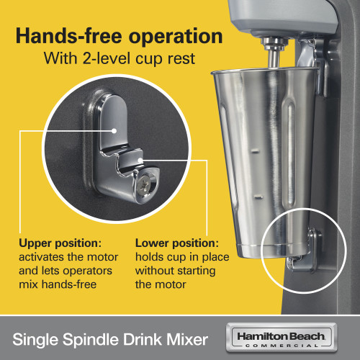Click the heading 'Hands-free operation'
(x=120, y=36)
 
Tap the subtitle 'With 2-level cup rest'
(x=120, y=58)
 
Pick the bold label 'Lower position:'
(x=176, y=243)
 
